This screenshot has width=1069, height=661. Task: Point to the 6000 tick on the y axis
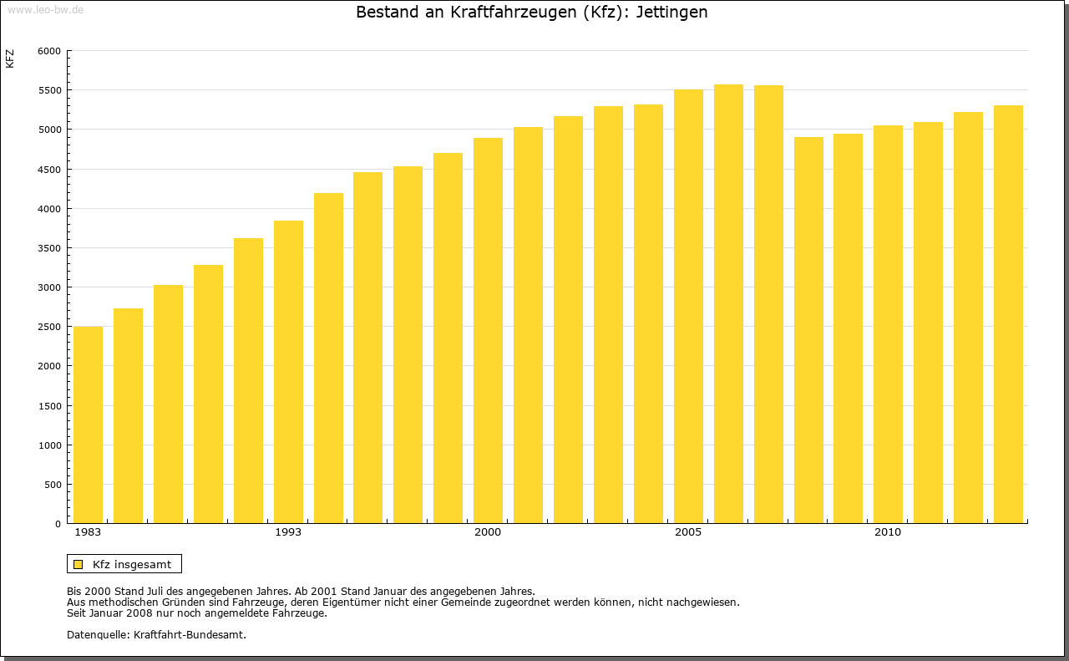pos(50,51)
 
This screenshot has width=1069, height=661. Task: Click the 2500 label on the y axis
pos(50,327)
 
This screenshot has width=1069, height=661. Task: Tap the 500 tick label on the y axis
pos(53,485)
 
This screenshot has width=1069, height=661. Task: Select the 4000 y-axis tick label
pos(50,209)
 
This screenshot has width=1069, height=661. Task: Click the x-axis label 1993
pos(288,532)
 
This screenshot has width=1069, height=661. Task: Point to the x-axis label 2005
pos(688,532)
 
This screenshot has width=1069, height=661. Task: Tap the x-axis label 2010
pos(888,532)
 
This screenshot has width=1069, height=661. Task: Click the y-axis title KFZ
pos(10,58)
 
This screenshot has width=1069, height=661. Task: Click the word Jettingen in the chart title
pos(671,13)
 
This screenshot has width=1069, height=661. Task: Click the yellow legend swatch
pos(78,564)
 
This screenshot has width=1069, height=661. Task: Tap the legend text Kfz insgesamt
pos(132,564)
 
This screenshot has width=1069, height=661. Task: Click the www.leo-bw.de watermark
pos(44,8)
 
